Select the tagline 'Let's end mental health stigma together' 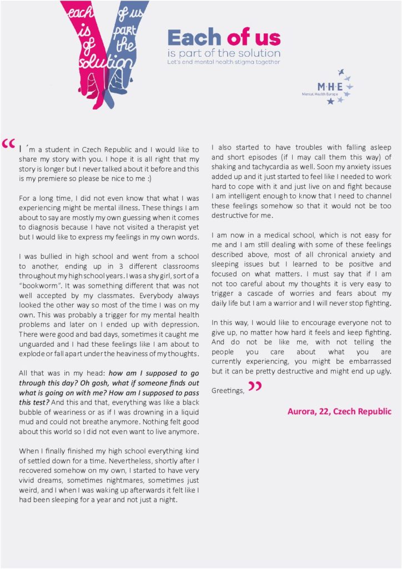pos(224,62)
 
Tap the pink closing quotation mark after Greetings pos(254,386)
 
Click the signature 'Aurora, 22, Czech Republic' pos(339,412)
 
